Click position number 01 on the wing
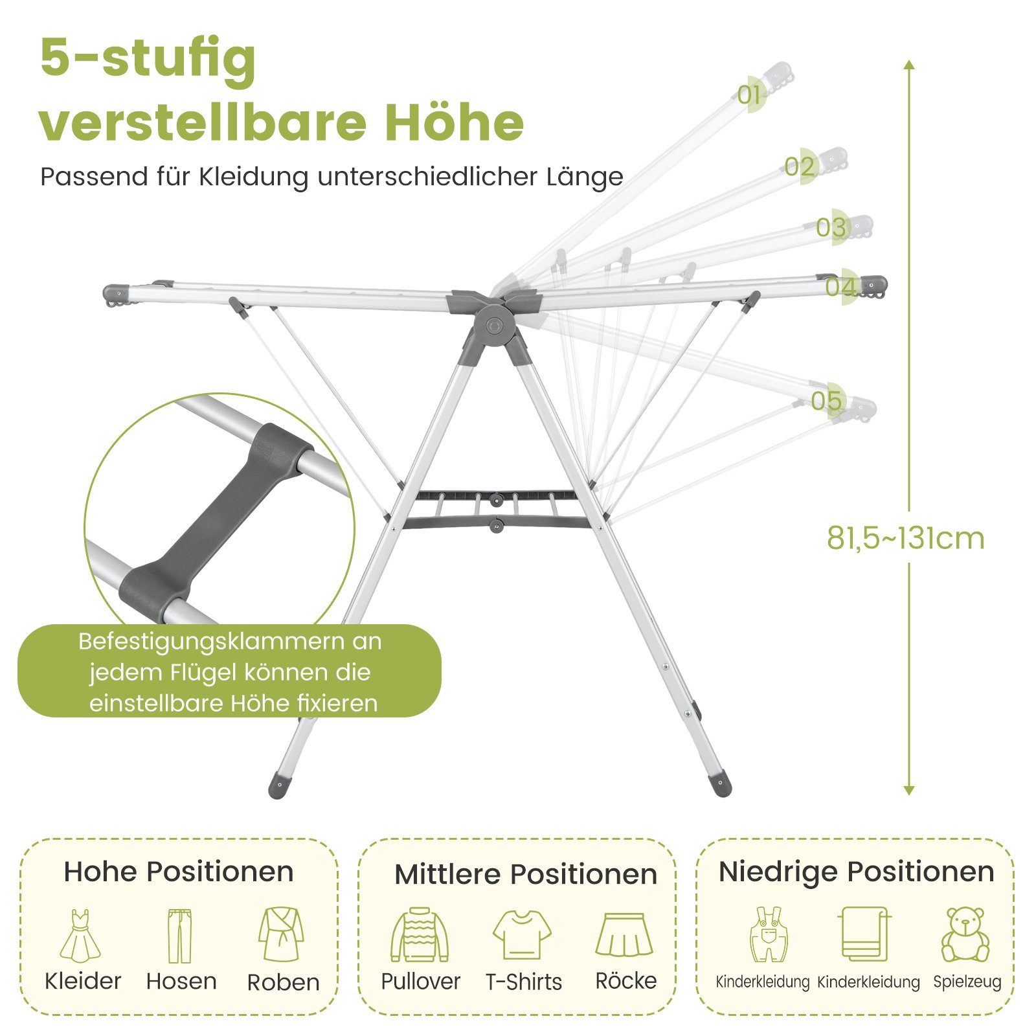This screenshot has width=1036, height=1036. pyautogui.click(x=749, y=95)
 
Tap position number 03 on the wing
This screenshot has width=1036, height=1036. pyautogui.click(x=831, y=227)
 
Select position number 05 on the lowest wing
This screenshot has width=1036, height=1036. pyautogui.click(x=827, y=401)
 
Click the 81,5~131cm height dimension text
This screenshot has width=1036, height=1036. pyautogui.click(x=905, y=538)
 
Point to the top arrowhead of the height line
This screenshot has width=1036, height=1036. pyautogui.click(x=909, y=64)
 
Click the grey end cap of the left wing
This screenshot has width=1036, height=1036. pyautogui.click(x=117, y=295)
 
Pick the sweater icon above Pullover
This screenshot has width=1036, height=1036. pyautogui.click(x=420, y=934)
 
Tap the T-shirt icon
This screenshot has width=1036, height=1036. pyautogui.click(x=522, y=934)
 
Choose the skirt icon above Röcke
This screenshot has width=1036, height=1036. pyautogui.click(x=624, y=934)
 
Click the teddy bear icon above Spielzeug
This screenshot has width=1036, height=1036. pyautogui.click(x=965, y=934)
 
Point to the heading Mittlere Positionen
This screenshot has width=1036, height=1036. pyautogui.click(x=525, y=874)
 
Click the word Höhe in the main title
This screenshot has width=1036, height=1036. pyautogui.click(x=455, y=123)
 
